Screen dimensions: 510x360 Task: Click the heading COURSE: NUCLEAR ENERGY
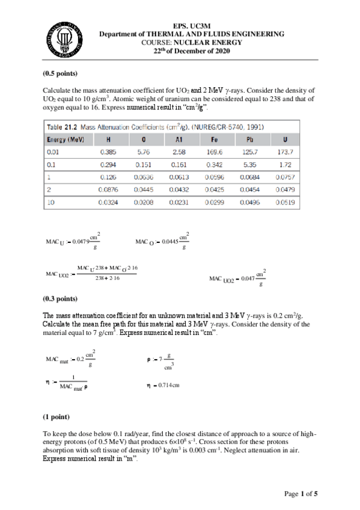(x=192, y=43)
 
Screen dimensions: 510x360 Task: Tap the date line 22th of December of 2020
(x=192, y=51)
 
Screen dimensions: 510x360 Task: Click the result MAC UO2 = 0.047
(x=238, y=278)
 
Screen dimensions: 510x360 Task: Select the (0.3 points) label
(x=59, y=298)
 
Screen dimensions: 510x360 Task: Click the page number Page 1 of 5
(x=300, y=494)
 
